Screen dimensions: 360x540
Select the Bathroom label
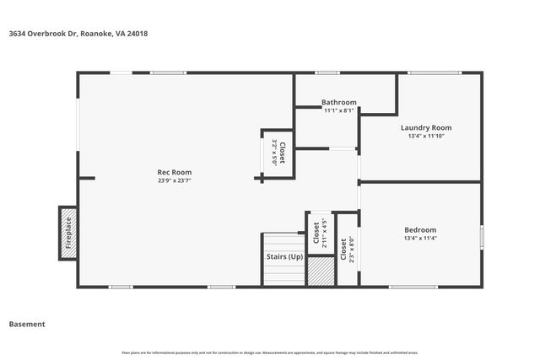tap(339, 103)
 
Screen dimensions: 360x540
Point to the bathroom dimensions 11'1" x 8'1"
tap(339, 110)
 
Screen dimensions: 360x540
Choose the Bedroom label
tap(420, 230)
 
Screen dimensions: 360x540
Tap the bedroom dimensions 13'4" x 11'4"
tap(420, 239)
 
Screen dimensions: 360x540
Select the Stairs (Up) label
tap(283, 256)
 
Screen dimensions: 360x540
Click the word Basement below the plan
tap(26, 324)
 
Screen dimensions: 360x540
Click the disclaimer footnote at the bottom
tap(270, 352)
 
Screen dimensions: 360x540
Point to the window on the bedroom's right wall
tap(482, 236)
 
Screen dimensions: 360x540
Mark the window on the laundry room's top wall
tap(435, 73)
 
